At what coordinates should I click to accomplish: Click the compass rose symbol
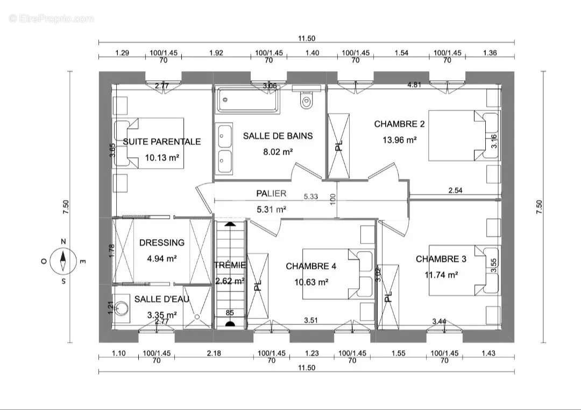pyautogui.click(x=63, y=261)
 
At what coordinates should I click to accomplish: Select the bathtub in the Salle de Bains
pyautogui.click(x=247, y=100)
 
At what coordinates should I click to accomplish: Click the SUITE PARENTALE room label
pyautogui.click(x=162, y=141)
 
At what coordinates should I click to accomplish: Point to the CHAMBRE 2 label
pyautogui.click(x=399, y=124)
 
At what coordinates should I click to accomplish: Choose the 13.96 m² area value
pyautogui.click(x=399, y=140)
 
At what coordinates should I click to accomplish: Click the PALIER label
pyautogui.click(x=271, y=193)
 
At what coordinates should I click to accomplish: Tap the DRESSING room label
pyautogui.click(x=162, y=242)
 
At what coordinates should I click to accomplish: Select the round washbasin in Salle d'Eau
pyautogui.click(x=121, y=308)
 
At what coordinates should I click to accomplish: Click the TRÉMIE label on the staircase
pyautogui.click(x=230, y=265)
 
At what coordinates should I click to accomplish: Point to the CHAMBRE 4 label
pyautogui.click(x=311, y=266)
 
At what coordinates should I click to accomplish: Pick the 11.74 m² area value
pyautogui.click(x=441, y=275)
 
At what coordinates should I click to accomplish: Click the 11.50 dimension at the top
pyautogui.click(x=307, y=38)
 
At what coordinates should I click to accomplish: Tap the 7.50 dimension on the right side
pyautogui.click(x=539, y=207)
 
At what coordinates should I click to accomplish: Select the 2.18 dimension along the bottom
pyautogui.click(x=214, y=353)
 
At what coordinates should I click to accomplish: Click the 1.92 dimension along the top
pyautogui.click(x=216, y=53)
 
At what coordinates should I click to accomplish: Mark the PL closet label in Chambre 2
pyautogui.click(x=339, y=145)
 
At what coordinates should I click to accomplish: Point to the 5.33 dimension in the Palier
pyautogui.click(x=311, y=197)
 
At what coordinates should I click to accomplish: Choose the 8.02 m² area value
pyautogui.click(x=278, y=152)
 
